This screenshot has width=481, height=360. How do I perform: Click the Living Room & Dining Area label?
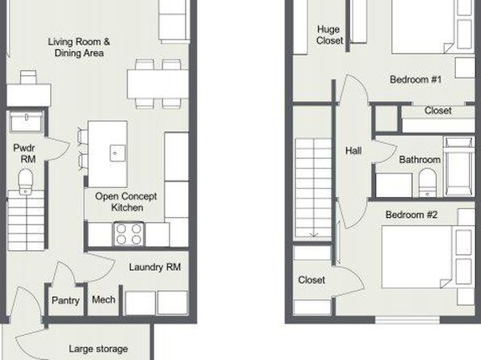[x=79, y=48]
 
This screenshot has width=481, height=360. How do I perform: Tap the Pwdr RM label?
[x=24, y=153]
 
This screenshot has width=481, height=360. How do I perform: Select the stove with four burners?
[x=129, y=234]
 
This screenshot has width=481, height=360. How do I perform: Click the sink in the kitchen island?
[x=118, y=153]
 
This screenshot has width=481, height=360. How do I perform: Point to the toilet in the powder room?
[x=26, y=181]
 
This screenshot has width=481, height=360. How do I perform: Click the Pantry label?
[x=65, y=300]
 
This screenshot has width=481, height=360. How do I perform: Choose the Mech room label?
[x=103, y=299]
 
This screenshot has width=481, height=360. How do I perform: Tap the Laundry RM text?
[x=155, y=267]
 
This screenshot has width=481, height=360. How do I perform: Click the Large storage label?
[x=98, y=349]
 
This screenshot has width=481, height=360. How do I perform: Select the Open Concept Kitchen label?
[x=126, y=202]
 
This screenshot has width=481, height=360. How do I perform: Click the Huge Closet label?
[x=329, y=35]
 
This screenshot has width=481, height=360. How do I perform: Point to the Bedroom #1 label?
[x=416, y=79]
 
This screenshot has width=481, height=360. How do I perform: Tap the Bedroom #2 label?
[x=412, y=215]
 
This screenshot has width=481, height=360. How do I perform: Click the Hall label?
[x=353, y=150]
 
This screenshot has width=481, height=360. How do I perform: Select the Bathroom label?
[x=420, y=160]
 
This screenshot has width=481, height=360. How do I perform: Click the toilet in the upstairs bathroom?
[x=427, y=183]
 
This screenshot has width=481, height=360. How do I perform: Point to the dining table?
[x=157, y=84]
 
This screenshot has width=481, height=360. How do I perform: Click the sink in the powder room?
[x=27, y=122]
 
